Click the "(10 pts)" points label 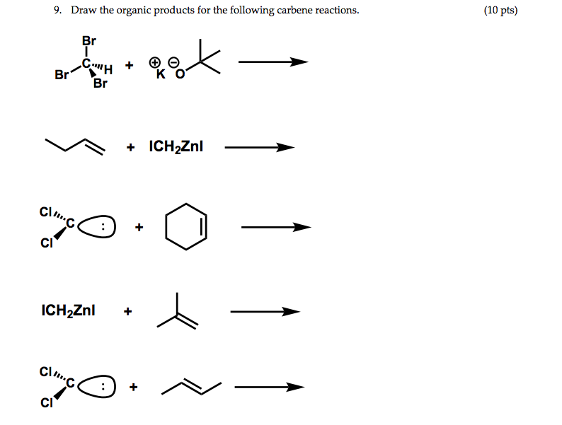[501, 11]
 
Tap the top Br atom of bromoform [89, 41]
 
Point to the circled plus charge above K [154, 63]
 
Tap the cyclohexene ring [186, 227]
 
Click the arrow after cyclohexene [275, 227]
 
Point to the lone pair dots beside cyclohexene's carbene [105, 228]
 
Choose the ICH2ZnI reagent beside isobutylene [69, 310]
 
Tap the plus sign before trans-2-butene [133, 387]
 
